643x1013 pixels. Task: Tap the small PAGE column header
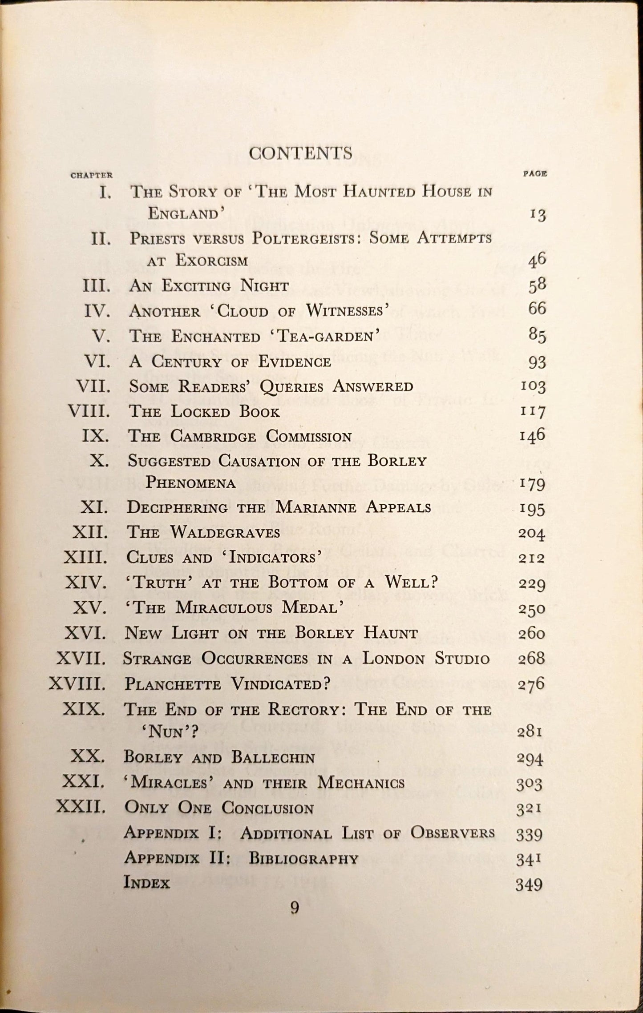(x=534, y=174)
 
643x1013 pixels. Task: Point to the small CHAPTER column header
(x=92, y=175)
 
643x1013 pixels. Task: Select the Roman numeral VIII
(x=89, y=411)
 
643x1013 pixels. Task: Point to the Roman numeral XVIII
(x=77, y=683)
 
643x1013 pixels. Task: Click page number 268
(x=531, y=659)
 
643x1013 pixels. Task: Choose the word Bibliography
(x=303, y=858)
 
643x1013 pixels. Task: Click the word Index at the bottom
(x=147, y=882)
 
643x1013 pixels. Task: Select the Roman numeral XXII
(x=81, y=807)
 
